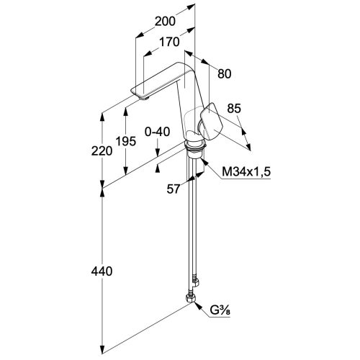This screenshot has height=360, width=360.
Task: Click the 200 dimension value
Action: (x=165, y=21)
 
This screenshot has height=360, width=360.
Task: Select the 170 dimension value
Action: (x=169, y=42)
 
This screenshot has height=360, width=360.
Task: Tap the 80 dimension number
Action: (x=225, y=74)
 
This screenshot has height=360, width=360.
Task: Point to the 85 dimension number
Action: (x=234, y=109)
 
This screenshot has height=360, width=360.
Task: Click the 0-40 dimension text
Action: (x=158, y=132)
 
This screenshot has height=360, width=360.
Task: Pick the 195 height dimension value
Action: (x=126, y=141)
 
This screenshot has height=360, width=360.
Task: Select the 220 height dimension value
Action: (x=102, y=151)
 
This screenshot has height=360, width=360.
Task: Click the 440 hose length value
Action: (x=102, y=271)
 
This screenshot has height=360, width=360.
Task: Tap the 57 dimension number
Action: (x=174, y=189)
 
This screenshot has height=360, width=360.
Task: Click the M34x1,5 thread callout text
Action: (x=246, y=171)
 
